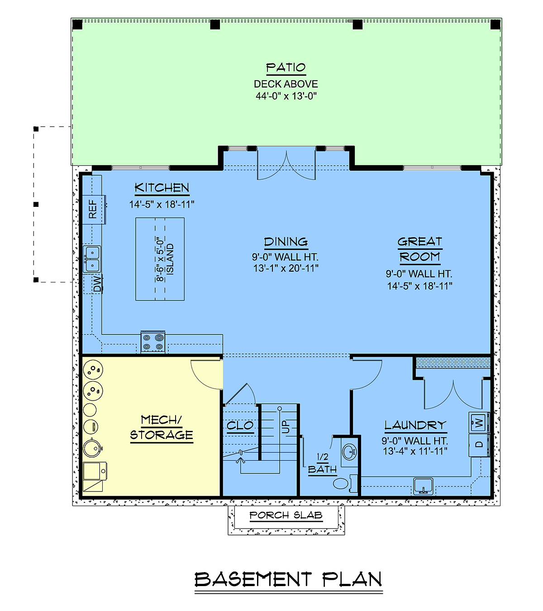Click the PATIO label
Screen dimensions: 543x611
286,67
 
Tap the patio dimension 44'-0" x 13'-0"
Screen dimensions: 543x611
286,96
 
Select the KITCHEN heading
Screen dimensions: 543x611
162,187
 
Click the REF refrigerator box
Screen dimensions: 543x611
94,209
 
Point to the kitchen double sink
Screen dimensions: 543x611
92,259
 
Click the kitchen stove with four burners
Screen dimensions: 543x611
153,342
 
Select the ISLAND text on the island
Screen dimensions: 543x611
170,259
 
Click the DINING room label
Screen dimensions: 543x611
286,242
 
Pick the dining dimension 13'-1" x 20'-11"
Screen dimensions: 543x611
286,268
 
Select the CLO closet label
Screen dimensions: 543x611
240,425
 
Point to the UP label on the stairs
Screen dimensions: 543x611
286,426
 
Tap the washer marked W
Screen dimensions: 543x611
479,423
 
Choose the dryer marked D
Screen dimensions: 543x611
479,445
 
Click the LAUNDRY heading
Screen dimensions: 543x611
415,425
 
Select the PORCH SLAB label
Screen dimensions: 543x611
286,515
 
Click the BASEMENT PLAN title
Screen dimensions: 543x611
288,579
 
